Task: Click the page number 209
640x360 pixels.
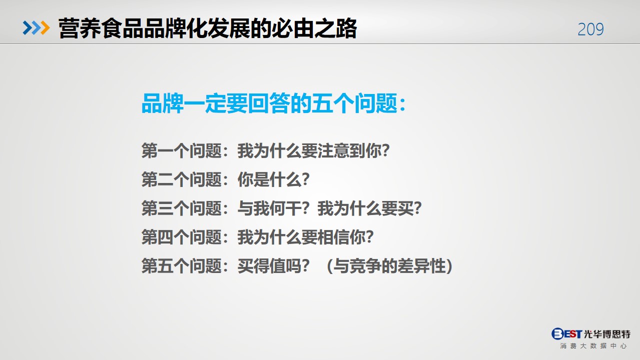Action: click(590, 29)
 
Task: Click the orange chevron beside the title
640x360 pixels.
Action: click(45, 28)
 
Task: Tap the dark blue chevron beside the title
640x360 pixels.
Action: click(28, 28)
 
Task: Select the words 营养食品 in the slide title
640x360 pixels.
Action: click(101, 28)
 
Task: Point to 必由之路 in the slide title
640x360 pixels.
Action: click(314, 28)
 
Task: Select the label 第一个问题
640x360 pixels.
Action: click(182, 150)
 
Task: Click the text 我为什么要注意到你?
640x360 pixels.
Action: click(313, 150)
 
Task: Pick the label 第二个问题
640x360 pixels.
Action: click(182, 179)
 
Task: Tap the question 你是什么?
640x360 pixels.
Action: click(274, 179)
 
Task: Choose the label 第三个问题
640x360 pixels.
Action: click(182, 208)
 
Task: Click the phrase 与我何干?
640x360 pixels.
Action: click(274, 208)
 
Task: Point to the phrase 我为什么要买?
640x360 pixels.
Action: click(369, 208)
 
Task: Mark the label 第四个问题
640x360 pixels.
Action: click(182, 237)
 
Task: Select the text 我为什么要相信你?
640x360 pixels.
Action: click(305, 237)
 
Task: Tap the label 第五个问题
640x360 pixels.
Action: click(182, 266)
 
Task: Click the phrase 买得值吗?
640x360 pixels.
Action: click(274, 266)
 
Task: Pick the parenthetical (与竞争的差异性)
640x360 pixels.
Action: click(389, 266)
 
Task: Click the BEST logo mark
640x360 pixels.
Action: click(567, 333)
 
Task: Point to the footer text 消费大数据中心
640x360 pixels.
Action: click(593, 346)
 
